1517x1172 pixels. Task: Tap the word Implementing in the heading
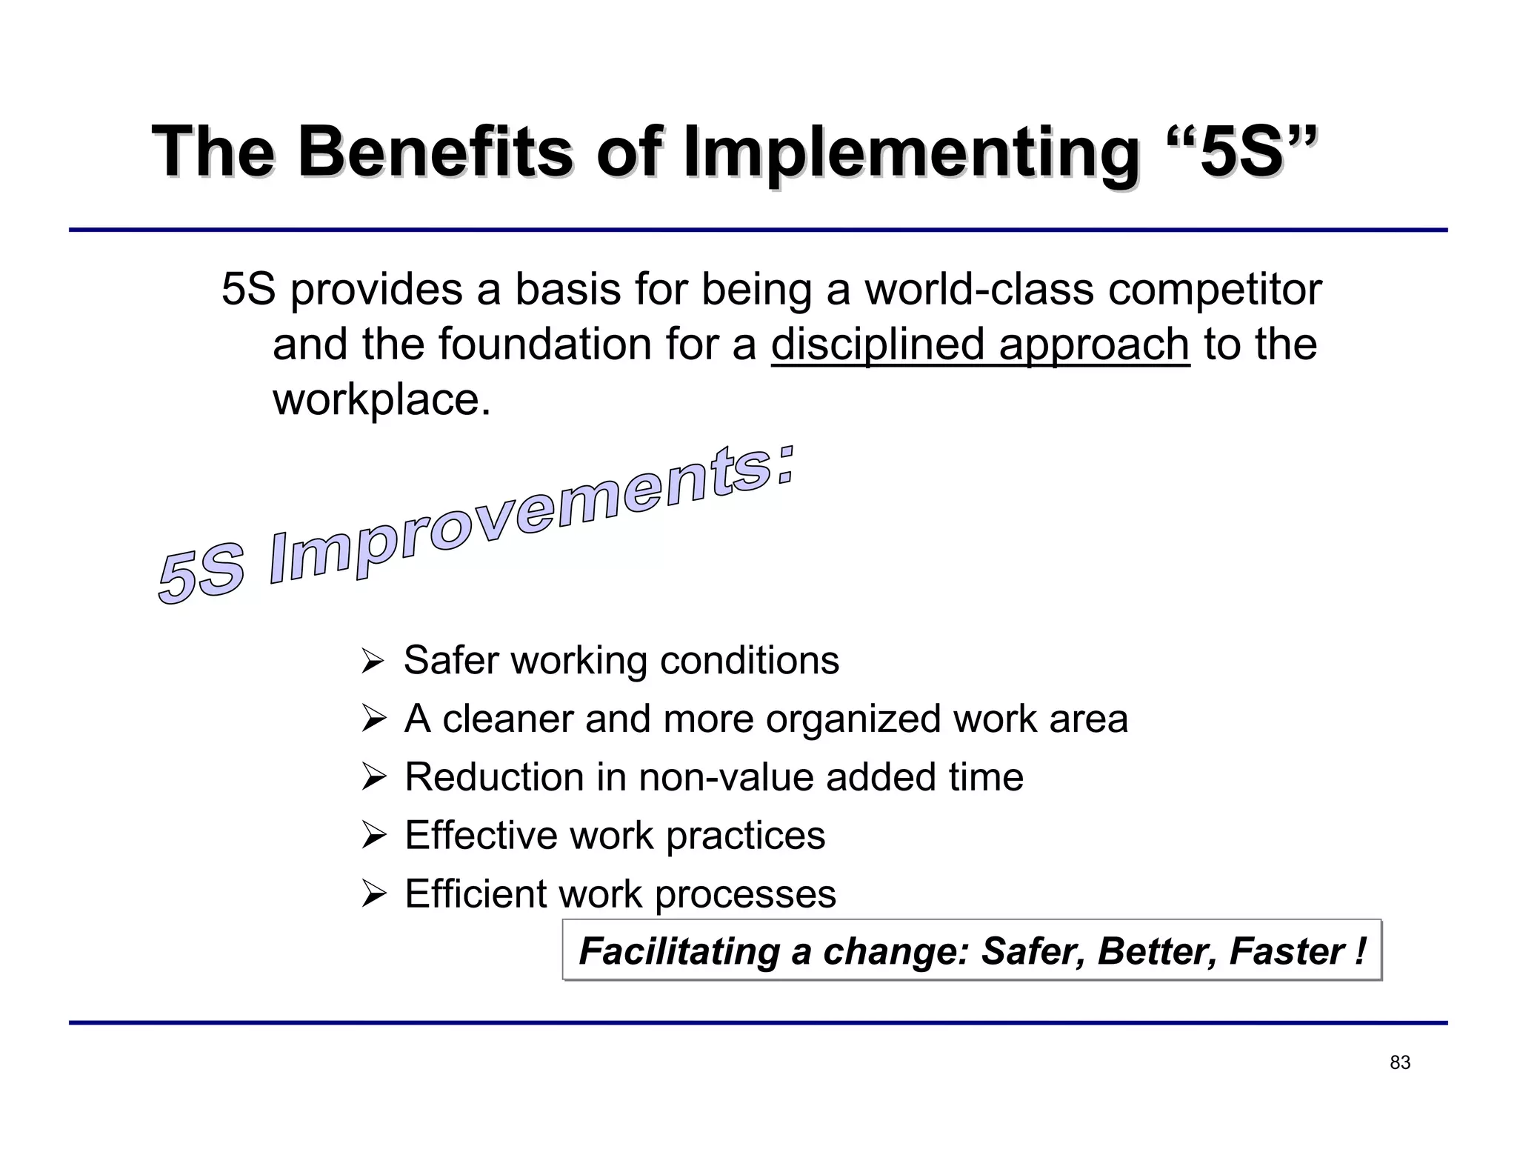(910, 153)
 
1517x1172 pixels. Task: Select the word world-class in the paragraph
(979, 289)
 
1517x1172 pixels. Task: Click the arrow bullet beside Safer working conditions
(373, 660)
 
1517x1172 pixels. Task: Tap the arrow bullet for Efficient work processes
(373, 894)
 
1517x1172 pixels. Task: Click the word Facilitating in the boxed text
(679, 951)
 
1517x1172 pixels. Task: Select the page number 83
(1399, 1063)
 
